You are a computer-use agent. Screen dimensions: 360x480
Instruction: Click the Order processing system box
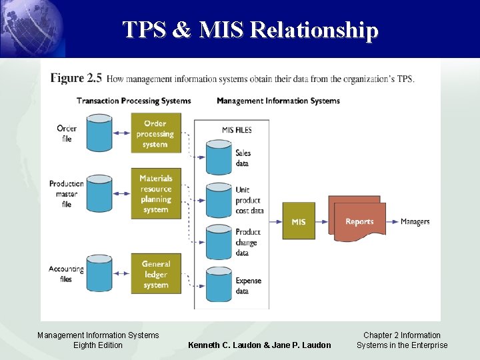[x=155, y=133]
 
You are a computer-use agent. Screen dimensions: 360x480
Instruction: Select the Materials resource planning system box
[x=155, y=193]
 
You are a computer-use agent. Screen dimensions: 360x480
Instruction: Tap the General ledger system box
[x=155, y=274]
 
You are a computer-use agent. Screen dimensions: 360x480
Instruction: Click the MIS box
[x=299, y=221]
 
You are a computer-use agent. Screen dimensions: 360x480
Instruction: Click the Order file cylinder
[x=100, y=133]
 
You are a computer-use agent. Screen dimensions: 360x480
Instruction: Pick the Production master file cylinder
[x=100, y=193]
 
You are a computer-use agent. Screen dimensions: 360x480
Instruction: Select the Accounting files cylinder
[x=100, y=273]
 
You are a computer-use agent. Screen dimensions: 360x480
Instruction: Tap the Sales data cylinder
[x=218, y=157]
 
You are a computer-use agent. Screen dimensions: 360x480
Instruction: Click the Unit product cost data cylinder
[x=218, y=199]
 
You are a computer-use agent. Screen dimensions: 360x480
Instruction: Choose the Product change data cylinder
[x=218, y=242]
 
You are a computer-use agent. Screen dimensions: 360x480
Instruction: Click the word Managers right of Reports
[x=415, y=221]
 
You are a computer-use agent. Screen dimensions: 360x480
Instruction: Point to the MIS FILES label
[x=236, y=130]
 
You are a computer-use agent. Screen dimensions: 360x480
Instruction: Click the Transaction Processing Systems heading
[x=133, y=101]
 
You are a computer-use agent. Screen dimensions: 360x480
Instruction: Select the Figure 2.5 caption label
[x=76, y=79]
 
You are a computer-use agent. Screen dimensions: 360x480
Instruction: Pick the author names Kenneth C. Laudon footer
[x=259, y=345]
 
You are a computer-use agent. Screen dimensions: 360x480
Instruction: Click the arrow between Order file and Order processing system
[x=121, y=133]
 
